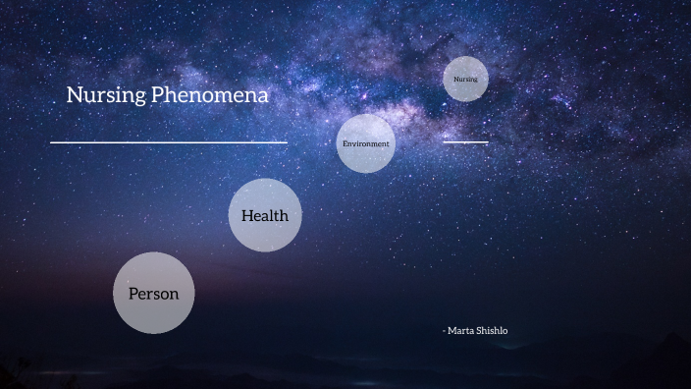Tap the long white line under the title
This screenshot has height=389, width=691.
pos(168,142)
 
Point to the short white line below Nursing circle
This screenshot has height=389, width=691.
pos(465,142)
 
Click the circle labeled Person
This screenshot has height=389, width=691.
pos(153,293)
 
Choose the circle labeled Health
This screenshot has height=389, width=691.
pos(265,215)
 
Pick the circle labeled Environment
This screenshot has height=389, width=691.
pos(365,143)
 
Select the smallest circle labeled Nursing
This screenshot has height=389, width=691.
pos(465,79)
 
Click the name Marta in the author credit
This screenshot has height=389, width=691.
pos(460,331)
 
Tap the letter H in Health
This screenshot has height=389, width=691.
pos(246,215)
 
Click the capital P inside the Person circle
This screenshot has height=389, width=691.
pos(133,293)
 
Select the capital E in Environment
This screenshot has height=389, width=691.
pos(344,143)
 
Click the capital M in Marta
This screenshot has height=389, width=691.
pos(452,331)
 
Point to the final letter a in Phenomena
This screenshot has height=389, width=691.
pos(262,97)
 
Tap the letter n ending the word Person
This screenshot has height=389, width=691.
pos(174,294)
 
